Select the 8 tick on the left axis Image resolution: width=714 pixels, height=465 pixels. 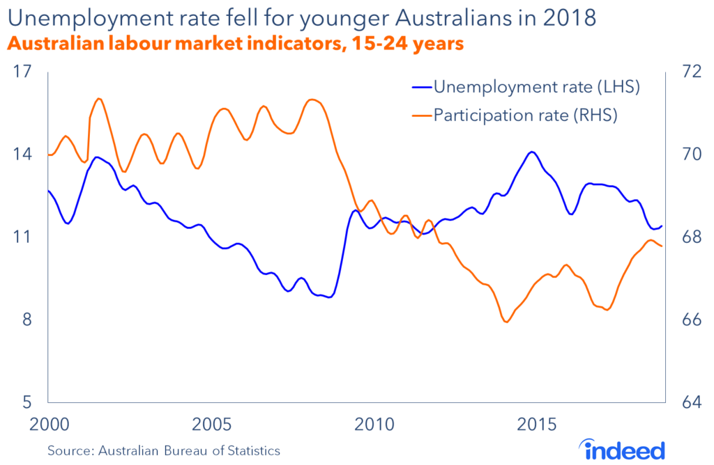(x=25, y=320)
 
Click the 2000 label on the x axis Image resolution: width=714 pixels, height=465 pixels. (x=47, y=424)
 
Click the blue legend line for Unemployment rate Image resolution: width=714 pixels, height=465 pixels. (x=420, y=88)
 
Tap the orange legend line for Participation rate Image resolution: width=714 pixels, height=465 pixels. (x=420, y=115)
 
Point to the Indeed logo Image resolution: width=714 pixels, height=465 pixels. (x=620, y=448)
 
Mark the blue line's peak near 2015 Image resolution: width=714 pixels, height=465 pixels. (x=532, y=152)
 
